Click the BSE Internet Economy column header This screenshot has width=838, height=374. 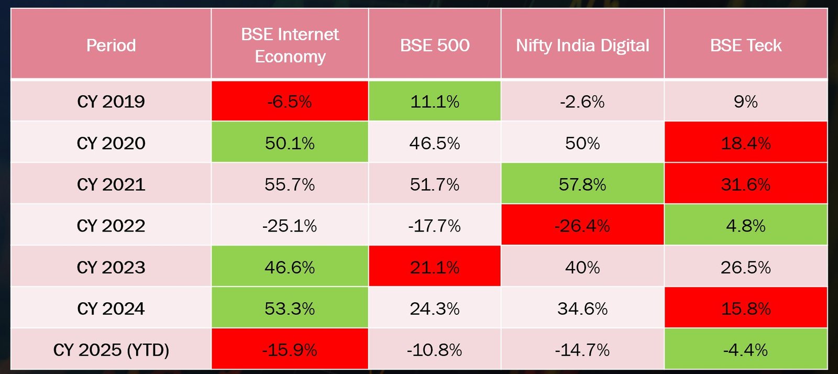290,45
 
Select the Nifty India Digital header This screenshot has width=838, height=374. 582,45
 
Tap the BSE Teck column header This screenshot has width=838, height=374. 746,45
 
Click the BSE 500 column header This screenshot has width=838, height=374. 435,45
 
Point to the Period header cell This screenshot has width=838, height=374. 111,45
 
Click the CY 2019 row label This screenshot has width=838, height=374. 111,101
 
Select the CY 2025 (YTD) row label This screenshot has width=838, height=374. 111,349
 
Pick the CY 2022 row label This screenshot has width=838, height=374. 111,226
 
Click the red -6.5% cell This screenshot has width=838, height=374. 290,101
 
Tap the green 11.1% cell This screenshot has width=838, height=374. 435,101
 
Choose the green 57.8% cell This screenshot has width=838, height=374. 582,184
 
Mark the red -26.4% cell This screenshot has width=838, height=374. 582,226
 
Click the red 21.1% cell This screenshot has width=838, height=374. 435,267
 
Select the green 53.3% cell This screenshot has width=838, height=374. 290,309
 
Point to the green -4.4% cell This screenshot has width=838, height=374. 746,349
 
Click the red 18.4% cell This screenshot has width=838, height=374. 746,143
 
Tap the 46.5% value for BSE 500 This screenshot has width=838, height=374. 435,143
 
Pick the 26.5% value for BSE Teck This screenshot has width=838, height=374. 746,267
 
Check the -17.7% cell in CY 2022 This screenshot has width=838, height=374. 435,226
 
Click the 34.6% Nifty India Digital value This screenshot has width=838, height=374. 582,309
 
